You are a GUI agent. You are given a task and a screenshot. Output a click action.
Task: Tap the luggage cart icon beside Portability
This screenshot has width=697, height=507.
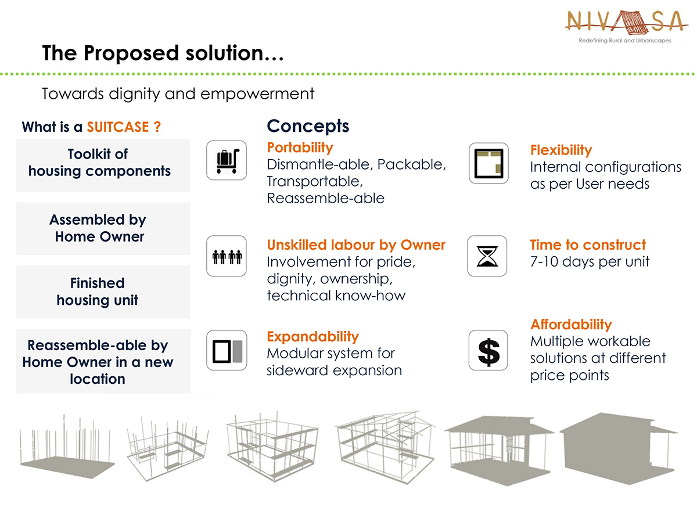[x=227, y=160]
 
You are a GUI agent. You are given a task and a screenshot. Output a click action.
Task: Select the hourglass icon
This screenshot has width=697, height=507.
[x=487, y=256]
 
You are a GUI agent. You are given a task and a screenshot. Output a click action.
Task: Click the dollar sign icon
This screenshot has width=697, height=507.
[x=488, y=350]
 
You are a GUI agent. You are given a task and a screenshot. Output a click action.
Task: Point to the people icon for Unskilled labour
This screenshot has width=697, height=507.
[x=227, y=256]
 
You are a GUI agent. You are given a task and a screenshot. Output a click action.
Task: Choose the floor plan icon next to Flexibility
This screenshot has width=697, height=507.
[x=488, y=163]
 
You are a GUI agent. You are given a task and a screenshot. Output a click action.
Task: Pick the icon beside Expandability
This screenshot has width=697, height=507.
[x=227, y=350]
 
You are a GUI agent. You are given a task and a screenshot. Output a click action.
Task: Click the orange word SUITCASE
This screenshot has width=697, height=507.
[x=117, y=127]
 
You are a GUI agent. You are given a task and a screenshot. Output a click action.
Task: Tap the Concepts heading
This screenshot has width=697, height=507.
[x=308, y=126]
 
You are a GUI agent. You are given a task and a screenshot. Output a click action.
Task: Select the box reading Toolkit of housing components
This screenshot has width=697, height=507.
[x=103, y=165]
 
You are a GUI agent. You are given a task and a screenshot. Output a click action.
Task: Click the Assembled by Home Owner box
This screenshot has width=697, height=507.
[x=103, y=229]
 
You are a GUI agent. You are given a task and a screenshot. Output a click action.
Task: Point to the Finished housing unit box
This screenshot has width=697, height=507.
[x=103, y=292]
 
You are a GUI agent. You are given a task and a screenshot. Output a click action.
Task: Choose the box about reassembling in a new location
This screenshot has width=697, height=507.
[x=103, y=361]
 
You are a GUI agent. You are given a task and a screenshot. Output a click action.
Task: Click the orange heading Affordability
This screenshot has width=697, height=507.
[x=571, y=325]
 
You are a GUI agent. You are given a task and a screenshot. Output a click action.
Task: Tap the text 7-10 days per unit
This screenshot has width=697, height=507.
[x=590, y=261]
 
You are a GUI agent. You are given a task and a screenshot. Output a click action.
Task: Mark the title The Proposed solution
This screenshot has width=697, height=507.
[x=163, y=53]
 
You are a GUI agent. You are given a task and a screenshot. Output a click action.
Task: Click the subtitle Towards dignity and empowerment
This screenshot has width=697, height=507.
[x=178, y=94]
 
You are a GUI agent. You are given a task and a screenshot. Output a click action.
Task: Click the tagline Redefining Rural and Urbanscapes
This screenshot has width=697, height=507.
[x=624, y=41]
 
